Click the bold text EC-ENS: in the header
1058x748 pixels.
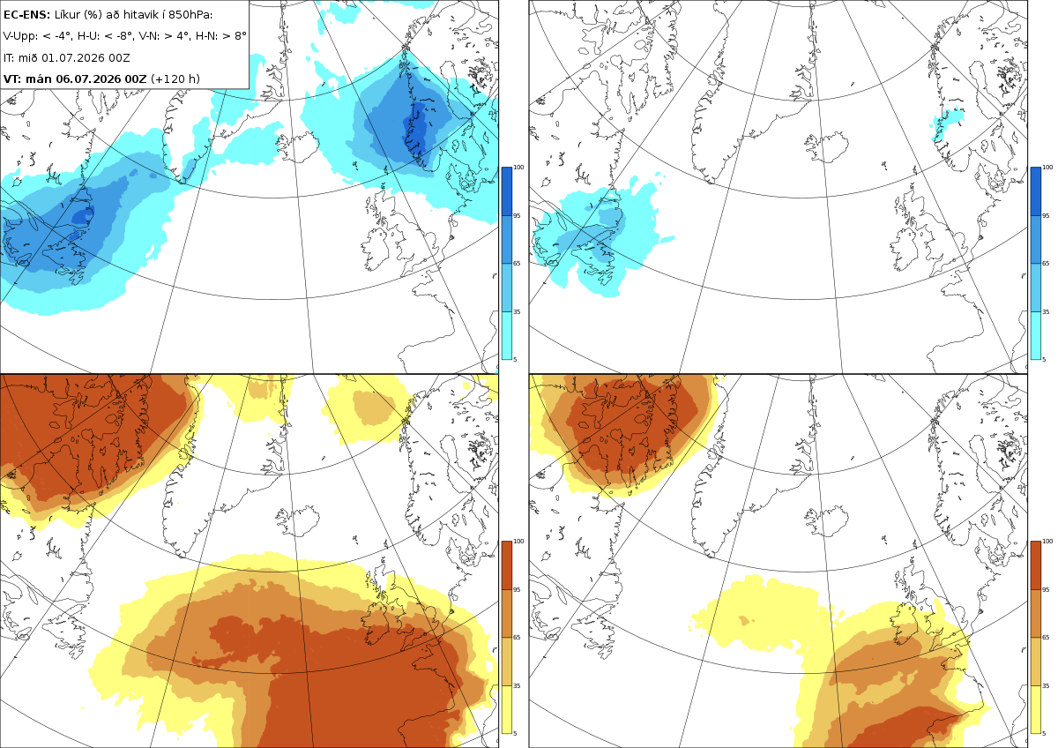pyautogui.click(x=26, y=15)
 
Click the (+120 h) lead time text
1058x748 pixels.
pyautogui.click(x=175, y=79)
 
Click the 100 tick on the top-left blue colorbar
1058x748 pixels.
pyautogui.click(x=518, y=168)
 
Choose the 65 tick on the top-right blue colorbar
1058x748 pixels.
pyautogui.click(x=1046, y=263)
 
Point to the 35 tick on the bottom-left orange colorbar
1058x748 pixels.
pyautogui.click(x=517, y=685)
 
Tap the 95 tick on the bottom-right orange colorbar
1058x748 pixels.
pyautogui.click(x=1046, y=590)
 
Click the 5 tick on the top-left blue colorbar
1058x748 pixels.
pyautogui.click(x=515, y=359)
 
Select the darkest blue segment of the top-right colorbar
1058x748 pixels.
pyautogui.click(x=1035, y=191)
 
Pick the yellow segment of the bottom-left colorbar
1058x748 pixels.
pyautogui.click(x=506, y=709)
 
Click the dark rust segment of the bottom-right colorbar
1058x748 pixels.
pyautogui.click(x=1035, y=565)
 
